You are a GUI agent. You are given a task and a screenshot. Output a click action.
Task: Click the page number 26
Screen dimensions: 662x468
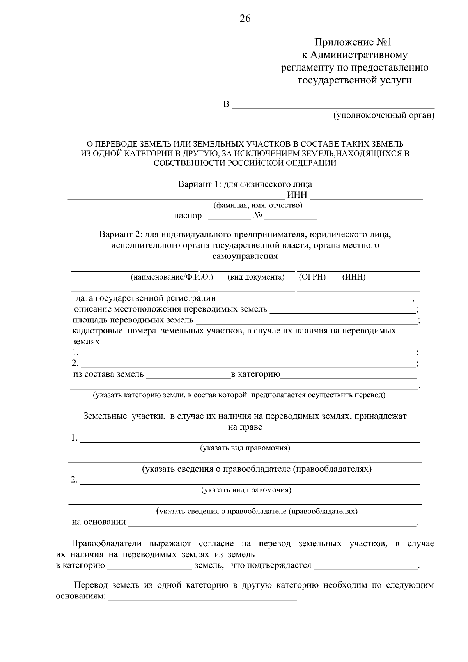pyautogui.click(x=245, y=19)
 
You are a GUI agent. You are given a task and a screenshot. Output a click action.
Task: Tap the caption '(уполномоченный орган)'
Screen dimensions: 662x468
pyautogui.click(x=383, y=115)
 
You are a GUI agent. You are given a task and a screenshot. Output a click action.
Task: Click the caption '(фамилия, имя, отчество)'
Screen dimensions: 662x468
pyautogui.click(x=258, y=205)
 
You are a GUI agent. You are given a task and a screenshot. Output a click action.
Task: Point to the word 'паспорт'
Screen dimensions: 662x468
pyautogui.click(x=190, y=216)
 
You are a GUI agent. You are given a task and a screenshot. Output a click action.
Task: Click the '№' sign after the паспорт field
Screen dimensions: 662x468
pyautogui.click(x=257, y=216)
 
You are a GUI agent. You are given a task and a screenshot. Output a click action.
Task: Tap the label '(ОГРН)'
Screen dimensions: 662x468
pyautogui.click(x=312, y=277)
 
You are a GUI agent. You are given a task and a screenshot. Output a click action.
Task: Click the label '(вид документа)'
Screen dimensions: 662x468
pyautogui.click(x=256, y=277)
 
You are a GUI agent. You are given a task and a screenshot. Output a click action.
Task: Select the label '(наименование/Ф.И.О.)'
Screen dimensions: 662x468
pyautogui.click(x=172, y=277)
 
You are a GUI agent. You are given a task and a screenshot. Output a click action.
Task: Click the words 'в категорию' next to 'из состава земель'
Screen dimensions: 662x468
pyautogui.click(x=255, y=375)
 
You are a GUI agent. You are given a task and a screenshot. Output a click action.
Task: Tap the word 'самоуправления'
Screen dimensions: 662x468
pyautogui.click(x=245, y=256)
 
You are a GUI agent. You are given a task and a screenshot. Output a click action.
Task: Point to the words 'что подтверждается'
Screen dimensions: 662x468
pyautogui.click(x=271, y=565)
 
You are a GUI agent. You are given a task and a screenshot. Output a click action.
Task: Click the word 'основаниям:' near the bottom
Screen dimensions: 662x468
pyautogui.click(x=81, y=597)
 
